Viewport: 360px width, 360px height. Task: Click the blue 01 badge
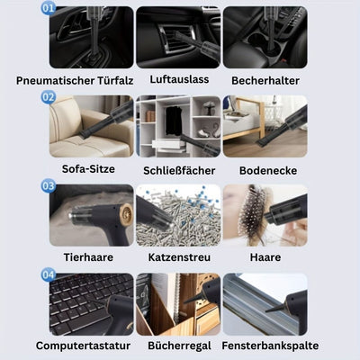coord(48,7)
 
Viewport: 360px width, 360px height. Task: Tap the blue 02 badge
coord(48,97)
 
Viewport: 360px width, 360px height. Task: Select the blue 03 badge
coord(48,185)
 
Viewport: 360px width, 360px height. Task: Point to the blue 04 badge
coord(48,274)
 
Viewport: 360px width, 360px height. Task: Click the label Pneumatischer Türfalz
coord(75,80)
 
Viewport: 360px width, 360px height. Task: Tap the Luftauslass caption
coord(179,79)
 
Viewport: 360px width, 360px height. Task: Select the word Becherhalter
coord(265,80)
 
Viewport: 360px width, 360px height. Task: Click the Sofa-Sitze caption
coord(88,168)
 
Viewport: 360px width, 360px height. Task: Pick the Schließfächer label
coord(179,170)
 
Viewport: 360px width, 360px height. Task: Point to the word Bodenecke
coord(268,170)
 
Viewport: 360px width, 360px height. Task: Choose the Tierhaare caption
coord(88,257)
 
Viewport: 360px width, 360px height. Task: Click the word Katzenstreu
coord(179,257)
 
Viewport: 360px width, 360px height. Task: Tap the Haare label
coord(265,257)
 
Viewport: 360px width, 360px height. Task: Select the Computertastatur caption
coord(83,346)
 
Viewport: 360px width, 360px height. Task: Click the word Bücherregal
coord(179,346)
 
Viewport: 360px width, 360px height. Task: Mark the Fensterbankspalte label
coord(270,346)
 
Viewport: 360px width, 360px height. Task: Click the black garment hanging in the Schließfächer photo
coord(174,121)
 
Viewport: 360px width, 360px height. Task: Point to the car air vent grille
coord(175,39)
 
